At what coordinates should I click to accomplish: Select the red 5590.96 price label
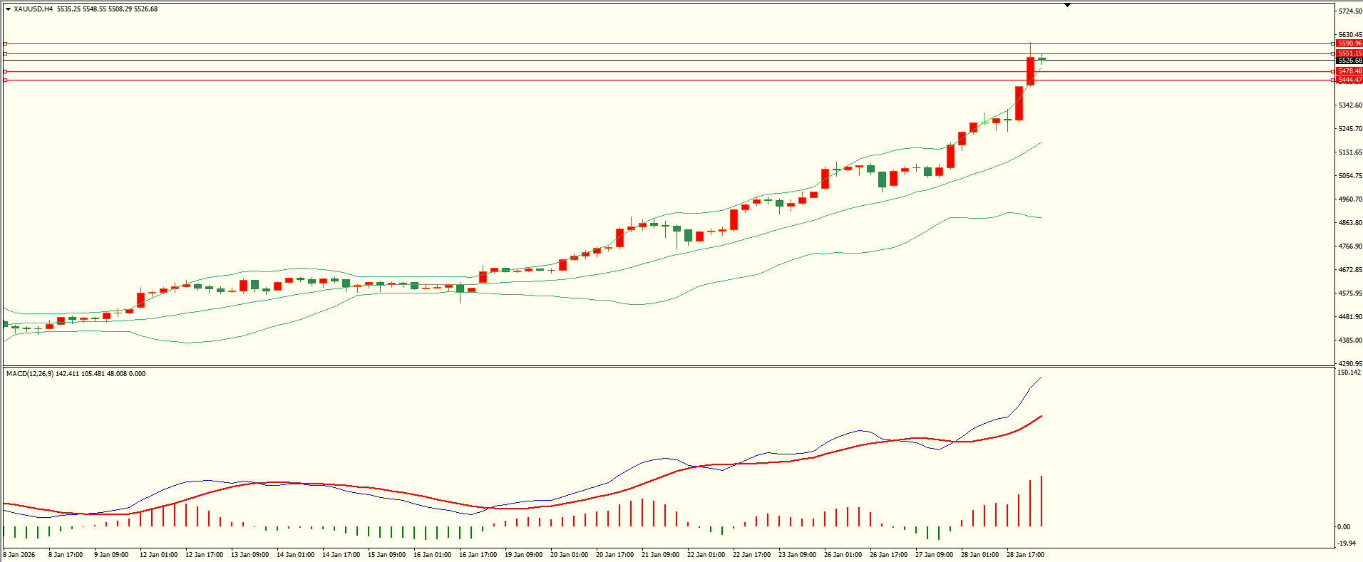1349,43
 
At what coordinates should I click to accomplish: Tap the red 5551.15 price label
1349,53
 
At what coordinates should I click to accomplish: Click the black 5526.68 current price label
1349,61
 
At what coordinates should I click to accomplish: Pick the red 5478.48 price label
1349,71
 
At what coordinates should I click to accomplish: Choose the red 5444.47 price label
1349,80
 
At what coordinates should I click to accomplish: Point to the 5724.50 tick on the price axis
1350,11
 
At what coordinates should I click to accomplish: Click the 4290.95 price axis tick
1350,364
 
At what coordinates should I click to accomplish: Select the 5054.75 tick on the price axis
1350,176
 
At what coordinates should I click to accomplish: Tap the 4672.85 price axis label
1350,270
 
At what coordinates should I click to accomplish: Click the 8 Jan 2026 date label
20,555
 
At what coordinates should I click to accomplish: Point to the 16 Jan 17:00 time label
478,555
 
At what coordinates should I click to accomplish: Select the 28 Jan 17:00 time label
1025,555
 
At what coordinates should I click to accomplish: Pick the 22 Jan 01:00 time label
706,555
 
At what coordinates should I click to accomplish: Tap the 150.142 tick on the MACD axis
1349,373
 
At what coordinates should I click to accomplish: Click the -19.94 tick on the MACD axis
1346,543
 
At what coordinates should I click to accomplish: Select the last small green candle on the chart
1042,59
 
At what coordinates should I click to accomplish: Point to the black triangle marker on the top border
1067,5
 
